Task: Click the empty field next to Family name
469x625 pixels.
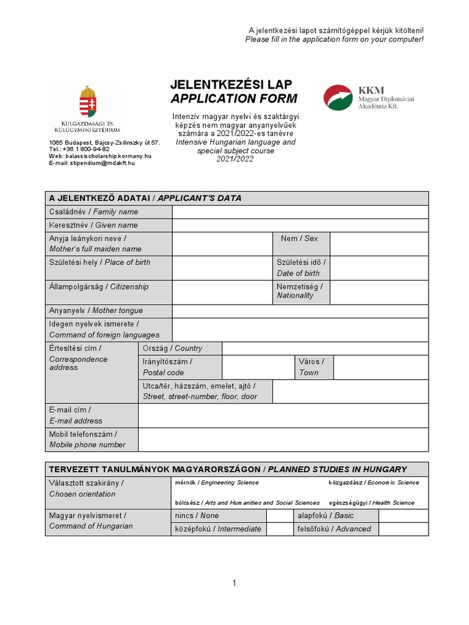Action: [x=300, y=212]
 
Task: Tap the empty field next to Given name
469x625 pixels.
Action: [x=300, y=225]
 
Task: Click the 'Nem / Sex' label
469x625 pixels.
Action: [x=300, y=239]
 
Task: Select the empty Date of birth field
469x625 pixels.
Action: [x=379, y=267]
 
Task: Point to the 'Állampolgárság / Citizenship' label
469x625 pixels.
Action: [x=99, y=287]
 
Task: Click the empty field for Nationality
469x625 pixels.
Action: [x=379, y=291]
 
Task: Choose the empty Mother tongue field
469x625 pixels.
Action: [x=300, y=311]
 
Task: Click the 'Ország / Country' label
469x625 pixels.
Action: [x=172, y=349]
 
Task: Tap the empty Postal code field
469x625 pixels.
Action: [x=258, y=367]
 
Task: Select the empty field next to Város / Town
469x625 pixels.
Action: [x=381, y=367]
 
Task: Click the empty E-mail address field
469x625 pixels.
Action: [x=283, y=415]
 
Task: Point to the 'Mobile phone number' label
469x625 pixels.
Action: [x=87, y=445]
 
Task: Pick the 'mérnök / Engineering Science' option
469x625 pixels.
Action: [x=217, y=483]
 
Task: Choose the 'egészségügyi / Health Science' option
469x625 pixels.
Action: [x=371, y=503]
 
